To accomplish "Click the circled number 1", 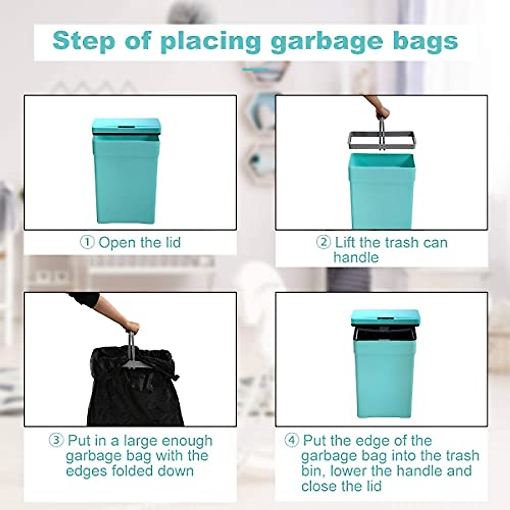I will [x=87, y=243].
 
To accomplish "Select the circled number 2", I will [x=323, y=242].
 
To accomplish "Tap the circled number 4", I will [x=292, y=440].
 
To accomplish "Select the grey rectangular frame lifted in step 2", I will [x=380, y=140].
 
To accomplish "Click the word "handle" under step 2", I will [x=356, y=258].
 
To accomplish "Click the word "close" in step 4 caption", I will [x=322, y=485].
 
